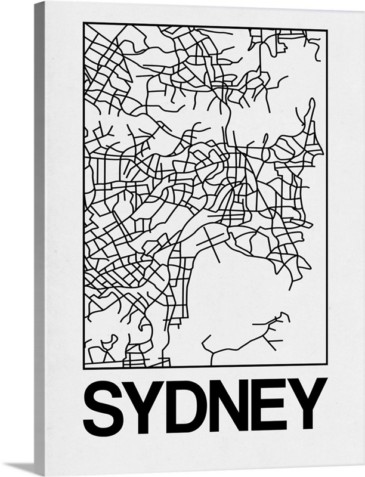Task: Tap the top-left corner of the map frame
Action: click(84, 23)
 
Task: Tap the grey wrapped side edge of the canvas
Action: click(39, 238)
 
